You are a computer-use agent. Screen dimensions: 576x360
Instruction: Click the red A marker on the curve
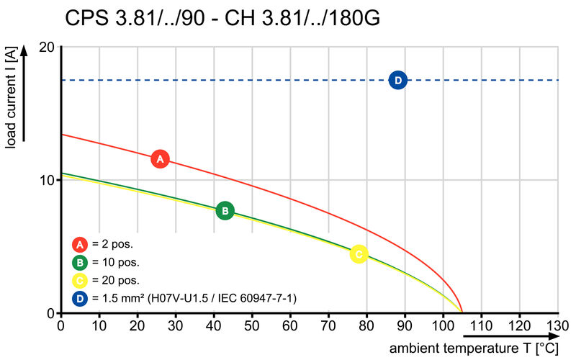160,159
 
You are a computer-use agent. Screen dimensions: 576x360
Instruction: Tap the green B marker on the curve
225,211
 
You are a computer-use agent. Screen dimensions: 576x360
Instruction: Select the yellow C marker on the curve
359,254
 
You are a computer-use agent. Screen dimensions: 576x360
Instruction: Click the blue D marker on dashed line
398,80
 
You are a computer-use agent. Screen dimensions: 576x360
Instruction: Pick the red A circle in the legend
80,244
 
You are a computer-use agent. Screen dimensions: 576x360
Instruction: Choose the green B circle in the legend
80,263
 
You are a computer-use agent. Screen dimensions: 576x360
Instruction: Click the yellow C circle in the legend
80,281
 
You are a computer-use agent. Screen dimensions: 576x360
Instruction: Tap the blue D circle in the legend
80,299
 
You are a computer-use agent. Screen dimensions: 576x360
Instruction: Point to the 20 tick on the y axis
46,47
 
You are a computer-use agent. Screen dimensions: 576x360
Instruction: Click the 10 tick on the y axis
46,180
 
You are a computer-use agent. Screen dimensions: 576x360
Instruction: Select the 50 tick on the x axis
252,325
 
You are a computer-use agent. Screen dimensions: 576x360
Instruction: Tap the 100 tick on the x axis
443,325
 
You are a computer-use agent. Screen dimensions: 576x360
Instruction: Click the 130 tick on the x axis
557,325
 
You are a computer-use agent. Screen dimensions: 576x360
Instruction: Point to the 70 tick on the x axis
328,325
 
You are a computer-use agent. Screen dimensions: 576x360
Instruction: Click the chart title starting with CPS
222,18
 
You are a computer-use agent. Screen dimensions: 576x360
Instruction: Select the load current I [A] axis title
12,98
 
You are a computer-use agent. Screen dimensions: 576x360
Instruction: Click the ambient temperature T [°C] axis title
474,348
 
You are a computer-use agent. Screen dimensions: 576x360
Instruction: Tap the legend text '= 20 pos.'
116,281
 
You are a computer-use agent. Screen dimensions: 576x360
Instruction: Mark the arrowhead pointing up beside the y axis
24,50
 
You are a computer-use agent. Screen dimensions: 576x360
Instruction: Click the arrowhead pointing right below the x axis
553,336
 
